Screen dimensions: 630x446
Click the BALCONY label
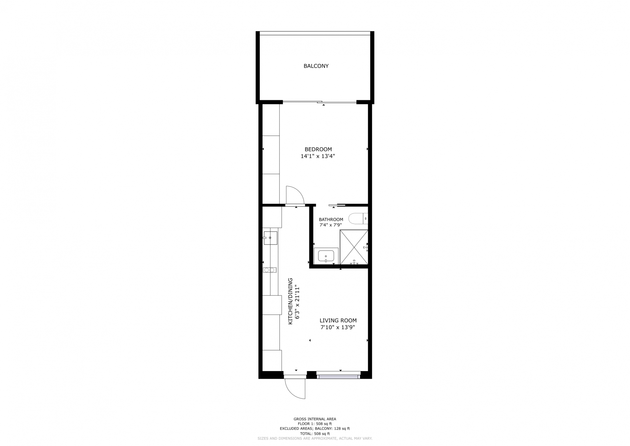click(x=316, y=66)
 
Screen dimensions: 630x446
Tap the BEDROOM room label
click(x=318, y=149)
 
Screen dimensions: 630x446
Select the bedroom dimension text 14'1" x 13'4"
click(x=318, y=156)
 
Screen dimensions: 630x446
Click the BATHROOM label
click(x=331, y=219)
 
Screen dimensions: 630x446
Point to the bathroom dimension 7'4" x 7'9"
click(x=331, y=225)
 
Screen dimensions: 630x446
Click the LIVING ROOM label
click(x=338, y=321)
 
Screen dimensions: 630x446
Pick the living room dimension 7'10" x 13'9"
click(x=338, y=328)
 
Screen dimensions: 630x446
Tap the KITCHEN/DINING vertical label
click(x=290, y=301)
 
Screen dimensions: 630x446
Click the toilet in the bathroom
click(x=358, y=219)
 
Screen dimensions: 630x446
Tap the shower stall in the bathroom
click(x=354, y=247)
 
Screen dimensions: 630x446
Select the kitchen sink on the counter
click(x=270, y=238)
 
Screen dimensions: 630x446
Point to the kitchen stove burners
click(x=270, y=270)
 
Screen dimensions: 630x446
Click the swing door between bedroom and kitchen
click(x=295, y=196)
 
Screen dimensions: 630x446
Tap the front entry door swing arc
click(x=295, y=389)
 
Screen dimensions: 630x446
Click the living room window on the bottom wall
click(x=338, y=375)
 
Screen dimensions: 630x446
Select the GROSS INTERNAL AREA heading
click(x=315, y=419)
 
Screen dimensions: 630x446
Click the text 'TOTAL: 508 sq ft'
click(x=315, y=433)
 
